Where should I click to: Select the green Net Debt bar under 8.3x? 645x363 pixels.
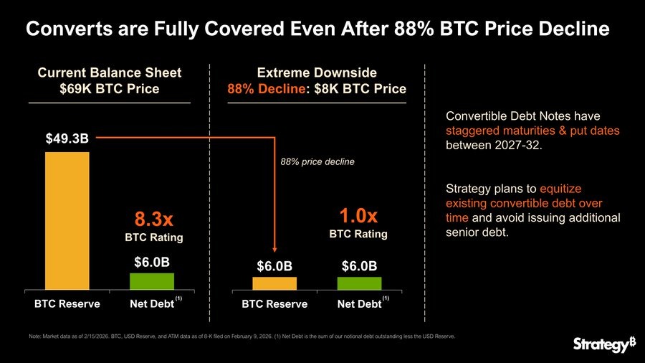tap(151, 281)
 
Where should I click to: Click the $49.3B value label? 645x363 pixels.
tap(67, 138)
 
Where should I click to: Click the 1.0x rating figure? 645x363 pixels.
tap(358, 215)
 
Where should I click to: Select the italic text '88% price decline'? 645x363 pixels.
tap(317, 162)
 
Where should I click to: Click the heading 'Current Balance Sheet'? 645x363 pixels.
tap(109, 72)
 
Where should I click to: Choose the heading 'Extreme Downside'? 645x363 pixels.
tap(317, 72)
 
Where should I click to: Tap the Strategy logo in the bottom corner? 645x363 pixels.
tap(604, 344)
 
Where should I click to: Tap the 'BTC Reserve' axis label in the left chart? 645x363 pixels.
tap(67, 304)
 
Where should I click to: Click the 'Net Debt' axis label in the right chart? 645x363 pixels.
tap(358, 304)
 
